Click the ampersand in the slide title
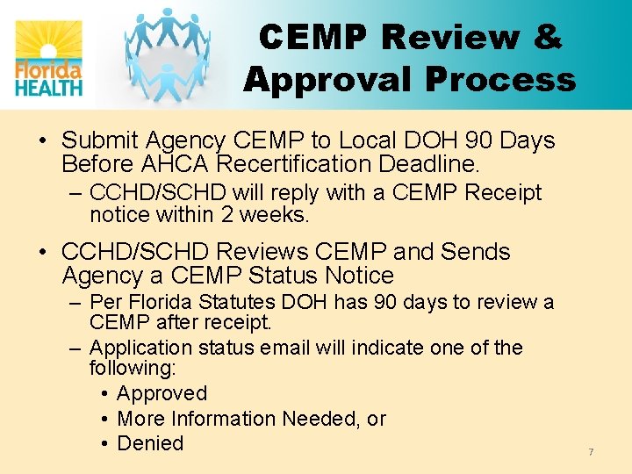coord(545,37)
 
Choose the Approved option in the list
coord(162,393)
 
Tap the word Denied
coord(150,443)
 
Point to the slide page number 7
coord(591,452)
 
